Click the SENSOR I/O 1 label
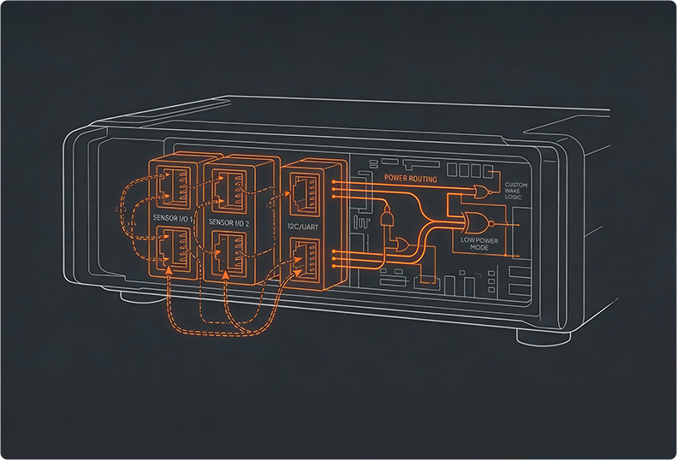pyautogui.click(x=173, y=218)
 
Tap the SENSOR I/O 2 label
pyautogui.click(x=229, y=222)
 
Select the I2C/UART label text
pyautogui.click(x=303, y=227)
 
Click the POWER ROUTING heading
pyautogui.click(x=411, y=178)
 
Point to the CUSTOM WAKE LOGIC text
pyautogui.click(x=516, y=191)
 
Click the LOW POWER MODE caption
pyautogui.click(x=479, y=245)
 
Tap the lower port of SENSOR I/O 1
pyautogui.click(x=174, y=248)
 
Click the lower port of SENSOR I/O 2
pyautogui.click(x=229, y=253)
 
